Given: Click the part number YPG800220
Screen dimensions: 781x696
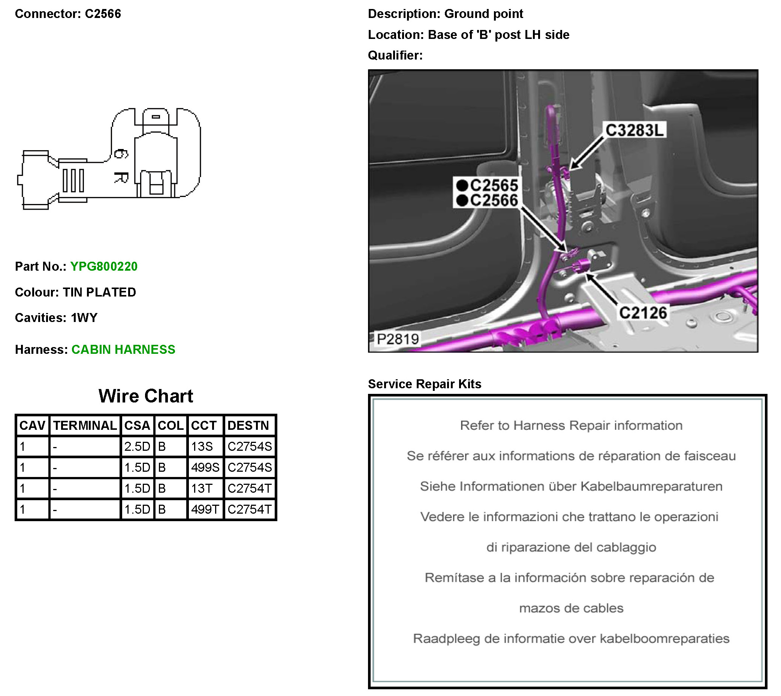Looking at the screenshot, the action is pyautogui.click(x=104, y=267).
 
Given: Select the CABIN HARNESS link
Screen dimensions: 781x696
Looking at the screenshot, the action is pyautogui.click(x=123, y=350).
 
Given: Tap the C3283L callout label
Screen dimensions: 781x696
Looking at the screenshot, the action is pyautogui.click(x=634, y=130).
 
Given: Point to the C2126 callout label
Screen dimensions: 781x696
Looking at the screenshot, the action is pyautogui.click(x=643, y=313).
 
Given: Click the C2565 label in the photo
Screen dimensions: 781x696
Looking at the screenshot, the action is pyautogui.click(x=494, y=185).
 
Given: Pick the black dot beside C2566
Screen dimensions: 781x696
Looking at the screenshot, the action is pyautogui.click(x=462, y=200).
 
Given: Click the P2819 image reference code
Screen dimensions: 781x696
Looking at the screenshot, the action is pyautogui.click(x=397, y=339).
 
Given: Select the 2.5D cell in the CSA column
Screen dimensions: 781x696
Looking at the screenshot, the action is pyautogui.click(x=137, y=447).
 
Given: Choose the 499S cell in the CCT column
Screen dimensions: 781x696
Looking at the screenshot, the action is pyautogui.click(x=205, y=468).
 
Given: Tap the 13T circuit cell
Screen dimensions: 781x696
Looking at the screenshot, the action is pyautogui.click(x=202, y=489).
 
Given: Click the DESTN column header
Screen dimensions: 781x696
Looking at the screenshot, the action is pyautogui.click(x=248, y=426).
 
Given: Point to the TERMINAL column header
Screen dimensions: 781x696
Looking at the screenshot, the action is pyautogui.click(x=85, y=426).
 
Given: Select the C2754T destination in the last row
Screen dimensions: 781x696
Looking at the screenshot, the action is pyautogui.click(x=250, y=510).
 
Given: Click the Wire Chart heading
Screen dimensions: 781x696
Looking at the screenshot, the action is pyautogui.click(x=145, y=396).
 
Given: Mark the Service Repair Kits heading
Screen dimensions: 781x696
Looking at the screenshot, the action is pyautogui.click(x=424, y=384).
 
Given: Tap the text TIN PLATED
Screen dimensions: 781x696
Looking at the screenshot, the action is pyautogui.click(x=99, y=292).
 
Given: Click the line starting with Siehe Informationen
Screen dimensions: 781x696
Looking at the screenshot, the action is pyautogui.click(x=571, y=486).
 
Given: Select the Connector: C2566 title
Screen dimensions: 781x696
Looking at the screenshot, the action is pyautogui.click(x=68, y=14).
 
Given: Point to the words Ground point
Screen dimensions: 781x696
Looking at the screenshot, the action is pyautogui.click(x=483, y=14).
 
